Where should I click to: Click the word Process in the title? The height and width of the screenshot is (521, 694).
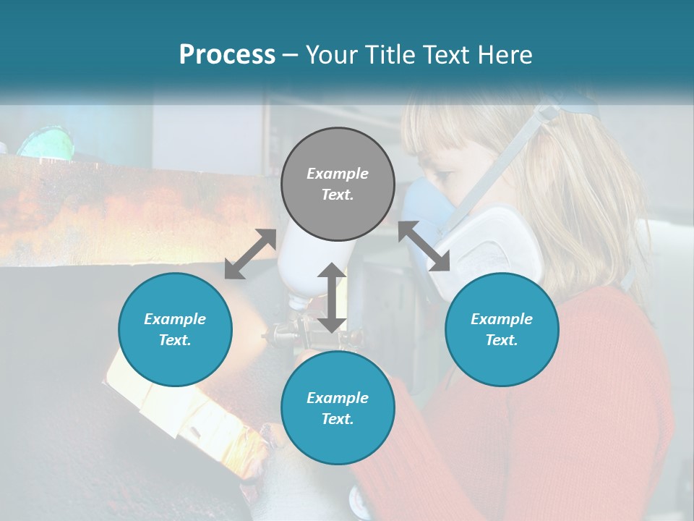(x=227, y=54)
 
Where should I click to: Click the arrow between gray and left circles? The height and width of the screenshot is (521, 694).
(x=250, y=253)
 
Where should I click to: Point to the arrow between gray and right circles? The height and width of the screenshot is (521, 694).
(x=424, y=246)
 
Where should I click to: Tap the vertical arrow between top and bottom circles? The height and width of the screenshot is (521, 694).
(x=331, y=297)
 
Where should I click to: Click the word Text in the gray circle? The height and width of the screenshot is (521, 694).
(x=338, y=195)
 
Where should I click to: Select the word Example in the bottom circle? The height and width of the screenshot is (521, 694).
(x=338, y=398)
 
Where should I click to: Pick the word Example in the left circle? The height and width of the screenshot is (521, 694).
(x=175, y=319)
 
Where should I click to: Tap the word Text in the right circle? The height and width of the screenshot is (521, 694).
(x=502, y=340)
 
